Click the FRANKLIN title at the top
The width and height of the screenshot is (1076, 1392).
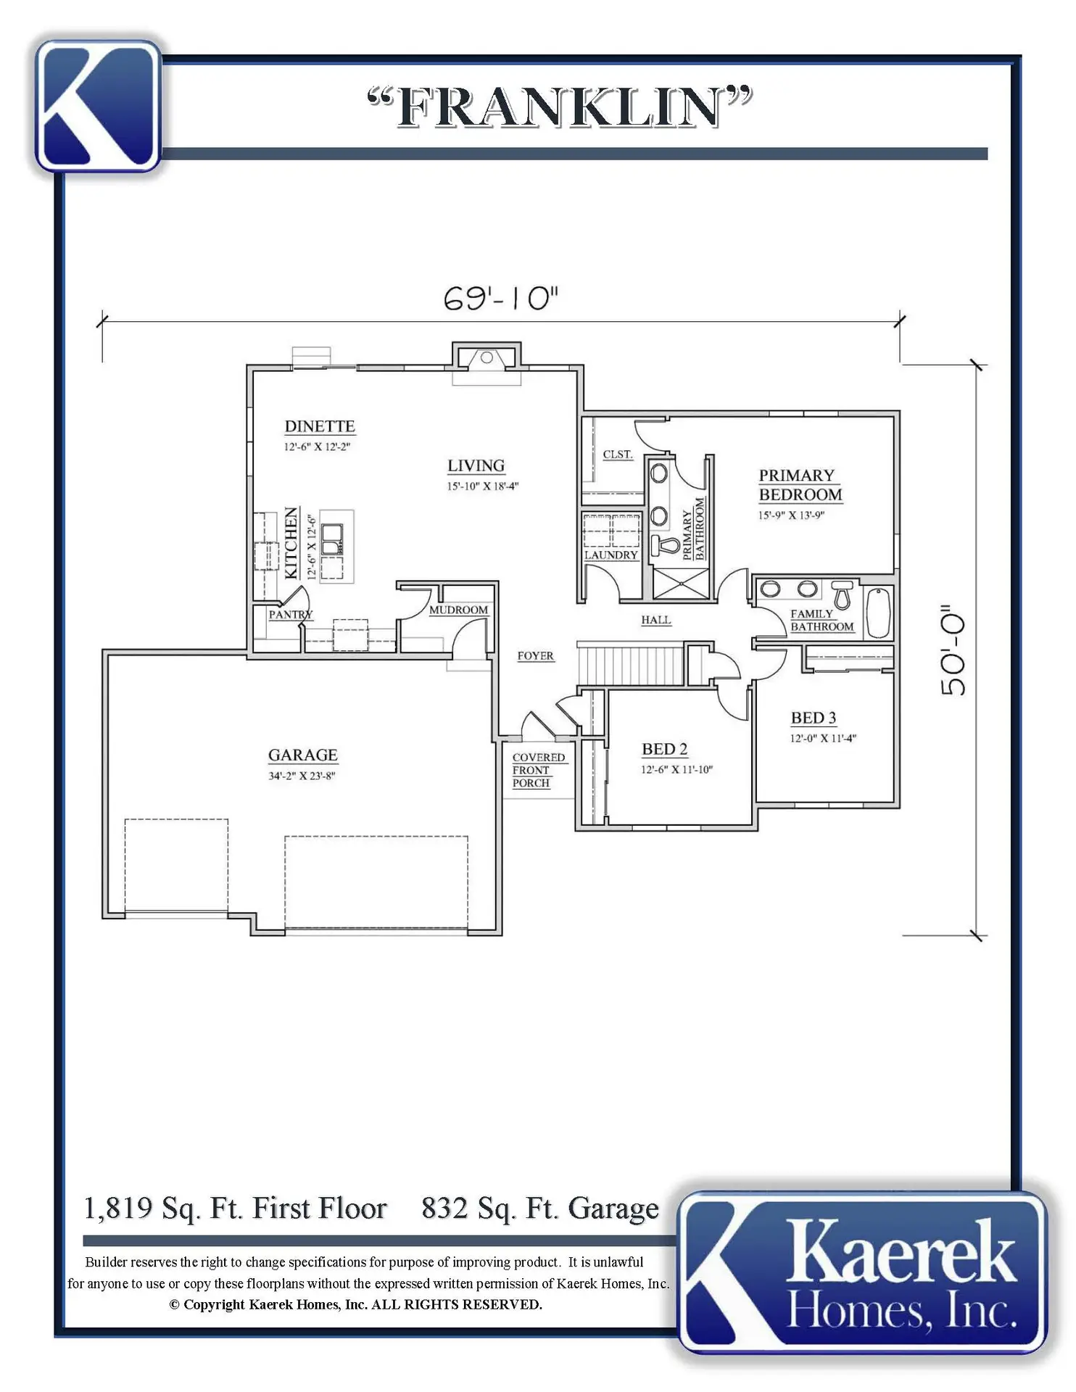pos(560,107)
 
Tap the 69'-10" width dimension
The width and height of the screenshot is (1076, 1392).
pos(501,298)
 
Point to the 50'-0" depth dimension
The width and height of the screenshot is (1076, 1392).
pos(953,650)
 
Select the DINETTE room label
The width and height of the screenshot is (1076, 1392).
pos(320,426)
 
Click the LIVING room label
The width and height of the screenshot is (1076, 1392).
pos(476,465)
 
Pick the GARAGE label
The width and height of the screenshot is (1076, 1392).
pos(303,755)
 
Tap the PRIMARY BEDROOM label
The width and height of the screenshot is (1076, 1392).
pos(800,485)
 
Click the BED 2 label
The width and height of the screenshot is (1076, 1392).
pos(665,749)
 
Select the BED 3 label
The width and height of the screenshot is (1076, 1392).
pos(814,718)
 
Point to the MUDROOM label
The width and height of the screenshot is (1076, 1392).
pos(458,610)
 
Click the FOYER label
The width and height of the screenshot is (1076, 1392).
pos(536,655)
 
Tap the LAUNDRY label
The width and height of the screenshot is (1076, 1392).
pos(611,555)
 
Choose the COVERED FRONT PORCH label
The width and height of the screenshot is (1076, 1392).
pos(539,770)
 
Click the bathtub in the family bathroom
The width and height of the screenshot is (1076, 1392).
pos(878,613)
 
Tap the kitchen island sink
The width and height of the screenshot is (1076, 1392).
pos(333,539)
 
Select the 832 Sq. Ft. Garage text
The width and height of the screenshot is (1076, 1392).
pos(540,1209)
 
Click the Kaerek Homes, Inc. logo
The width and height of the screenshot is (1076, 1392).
pos(863,1274)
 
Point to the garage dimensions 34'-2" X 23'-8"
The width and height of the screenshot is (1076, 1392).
pos(302,776)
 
